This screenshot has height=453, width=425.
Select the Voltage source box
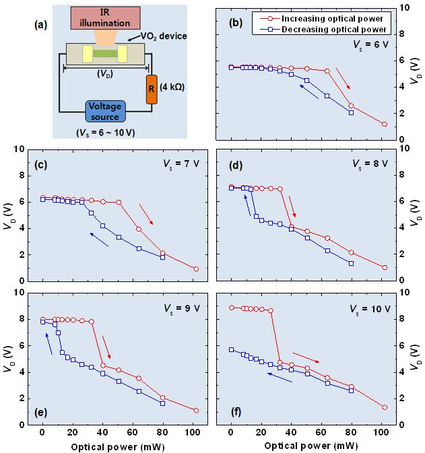pyautogui.click(x=109, y=112)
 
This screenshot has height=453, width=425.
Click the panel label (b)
pyautogui.click(x=236, y=22)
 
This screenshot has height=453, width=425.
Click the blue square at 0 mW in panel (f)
pyautogui.click(x=231, y=349)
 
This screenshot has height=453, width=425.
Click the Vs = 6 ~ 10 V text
pyautogui.click(x=108, y=133)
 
